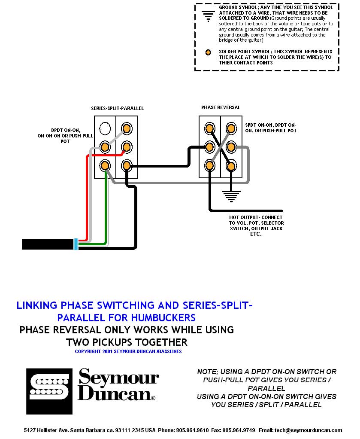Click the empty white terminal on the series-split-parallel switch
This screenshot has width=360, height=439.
coord(105,128)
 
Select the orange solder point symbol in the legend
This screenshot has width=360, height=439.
coord(208,52)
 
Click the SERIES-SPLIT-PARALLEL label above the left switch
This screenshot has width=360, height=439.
coord(117,108)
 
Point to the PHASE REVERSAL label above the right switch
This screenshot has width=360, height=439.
coord(221,107)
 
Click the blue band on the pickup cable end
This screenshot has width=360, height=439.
coord(76,244)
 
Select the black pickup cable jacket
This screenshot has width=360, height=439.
coord(47,244)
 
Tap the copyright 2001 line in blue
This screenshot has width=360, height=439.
coord(128,351)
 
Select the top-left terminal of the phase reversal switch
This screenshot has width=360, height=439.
coord(209,128)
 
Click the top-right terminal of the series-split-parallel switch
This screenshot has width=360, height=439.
coord(127,128)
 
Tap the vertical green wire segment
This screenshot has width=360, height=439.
coord(106,206)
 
